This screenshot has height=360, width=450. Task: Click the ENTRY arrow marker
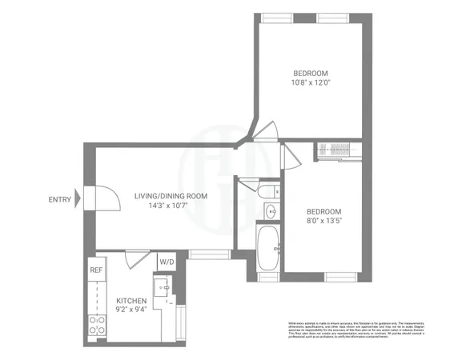point(78,200)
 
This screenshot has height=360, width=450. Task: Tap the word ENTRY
point(59,200)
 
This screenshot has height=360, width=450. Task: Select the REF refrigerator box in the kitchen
point(96,270)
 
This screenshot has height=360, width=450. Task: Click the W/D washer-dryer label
point(167,262)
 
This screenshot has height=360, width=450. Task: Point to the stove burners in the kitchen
point(97,326)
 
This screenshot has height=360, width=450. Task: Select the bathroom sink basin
point(271,212)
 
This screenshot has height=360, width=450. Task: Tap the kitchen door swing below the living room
point(136,258)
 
